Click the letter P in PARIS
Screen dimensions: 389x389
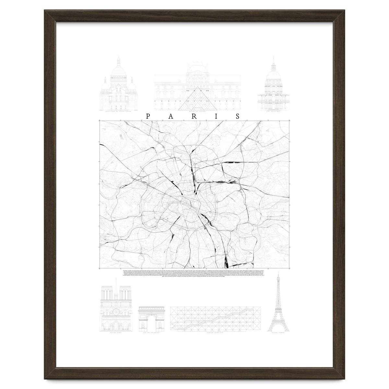click(148, 117)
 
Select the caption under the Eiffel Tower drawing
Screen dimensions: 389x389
click(277, 334)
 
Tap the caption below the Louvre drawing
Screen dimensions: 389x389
click(197, 111)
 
